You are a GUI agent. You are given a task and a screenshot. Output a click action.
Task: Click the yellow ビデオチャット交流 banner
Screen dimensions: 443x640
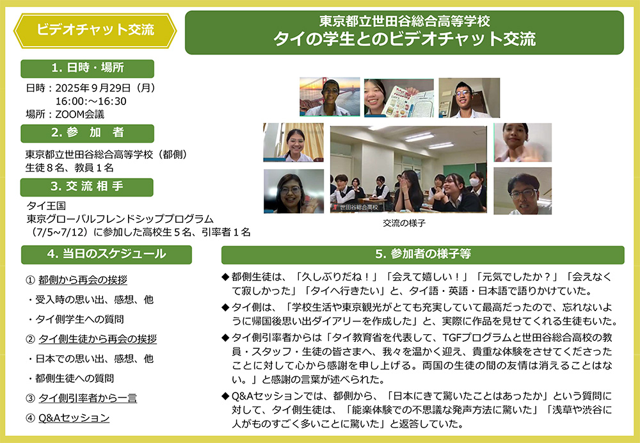click(95, 30)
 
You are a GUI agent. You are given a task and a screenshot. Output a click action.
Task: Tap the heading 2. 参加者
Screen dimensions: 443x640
click(88, 133)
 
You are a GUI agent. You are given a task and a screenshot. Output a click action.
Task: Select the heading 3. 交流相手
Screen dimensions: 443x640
click(88, 187)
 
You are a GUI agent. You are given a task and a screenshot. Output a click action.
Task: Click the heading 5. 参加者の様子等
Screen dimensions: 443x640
click(423, 254)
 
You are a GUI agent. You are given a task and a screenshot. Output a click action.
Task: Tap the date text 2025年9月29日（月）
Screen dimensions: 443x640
click(106, 88)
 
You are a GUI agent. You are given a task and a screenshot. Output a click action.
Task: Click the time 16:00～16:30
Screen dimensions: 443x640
click(91, 101)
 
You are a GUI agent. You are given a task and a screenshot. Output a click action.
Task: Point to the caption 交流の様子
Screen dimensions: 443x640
click(404, 223)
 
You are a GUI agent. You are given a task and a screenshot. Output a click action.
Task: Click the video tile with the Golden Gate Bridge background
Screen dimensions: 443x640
click(329, 97)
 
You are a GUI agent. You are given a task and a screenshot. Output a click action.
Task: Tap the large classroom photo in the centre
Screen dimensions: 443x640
click(408, 169)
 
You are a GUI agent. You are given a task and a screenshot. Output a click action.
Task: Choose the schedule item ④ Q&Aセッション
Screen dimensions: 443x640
click(67, 418)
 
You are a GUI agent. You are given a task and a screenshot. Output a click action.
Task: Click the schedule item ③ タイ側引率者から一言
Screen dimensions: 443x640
click(81, 398)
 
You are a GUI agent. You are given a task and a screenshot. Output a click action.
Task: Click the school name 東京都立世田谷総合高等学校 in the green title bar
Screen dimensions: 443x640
click(404, 22)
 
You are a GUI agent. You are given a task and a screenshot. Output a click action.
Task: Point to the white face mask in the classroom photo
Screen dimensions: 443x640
click(474, 182)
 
